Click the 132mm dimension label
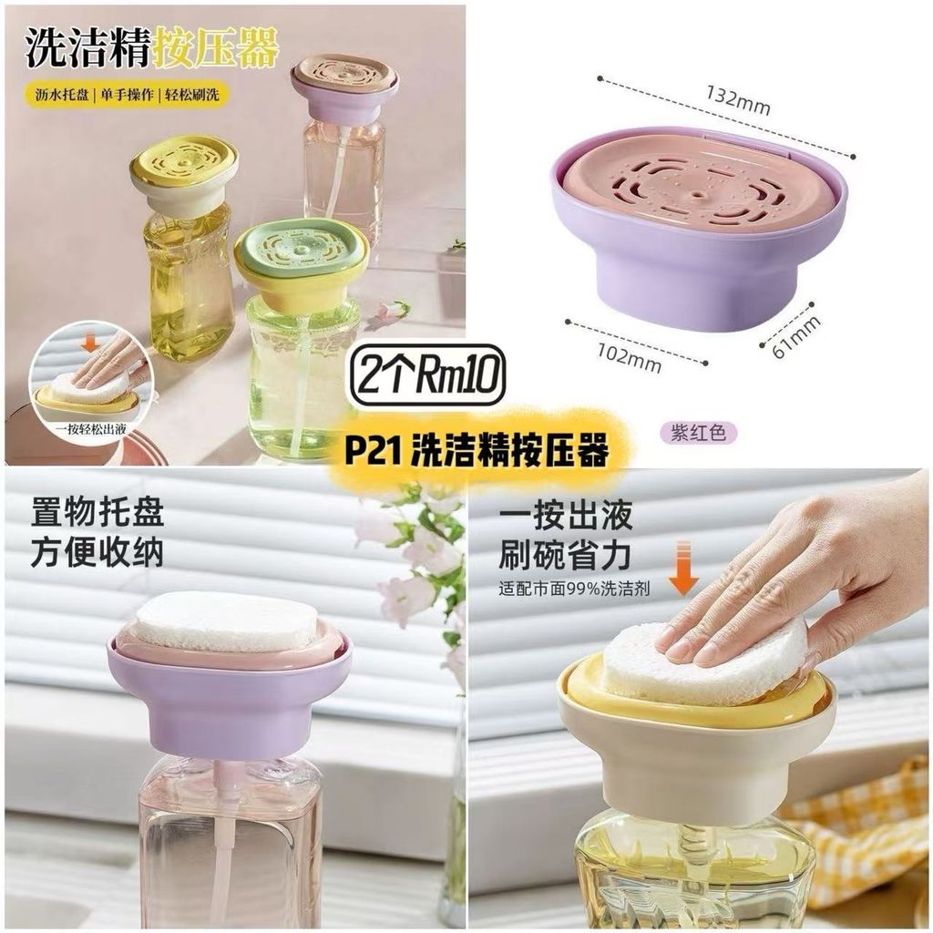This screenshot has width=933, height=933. click(x=738, y=99)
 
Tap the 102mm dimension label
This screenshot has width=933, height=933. click(x=629, y=357)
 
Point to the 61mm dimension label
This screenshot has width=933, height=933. click(x=796, y=337)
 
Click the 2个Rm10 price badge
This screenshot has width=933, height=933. click(x=428, y=375)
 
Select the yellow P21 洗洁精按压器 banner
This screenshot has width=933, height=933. click(x=477, y=449)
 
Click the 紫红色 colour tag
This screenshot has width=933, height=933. click(x=699, y=432)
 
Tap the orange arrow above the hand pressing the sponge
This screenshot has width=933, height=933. click(x=684, y=569)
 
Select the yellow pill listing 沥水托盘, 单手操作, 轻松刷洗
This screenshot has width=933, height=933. click(x=127, y=95)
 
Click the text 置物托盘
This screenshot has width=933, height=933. click(x=97, y=513)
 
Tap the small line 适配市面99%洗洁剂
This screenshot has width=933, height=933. click(x=574, y=590)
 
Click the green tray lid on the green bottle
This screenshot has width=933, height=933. click(x=301, y=246)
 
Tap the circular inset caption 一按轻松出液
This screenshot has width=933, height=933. click(x=91, y=429)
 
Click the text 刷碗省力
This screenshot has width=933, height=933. click(x=565, y=555)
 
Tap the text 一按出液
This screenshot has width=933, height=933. click(x=565, y=514)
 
